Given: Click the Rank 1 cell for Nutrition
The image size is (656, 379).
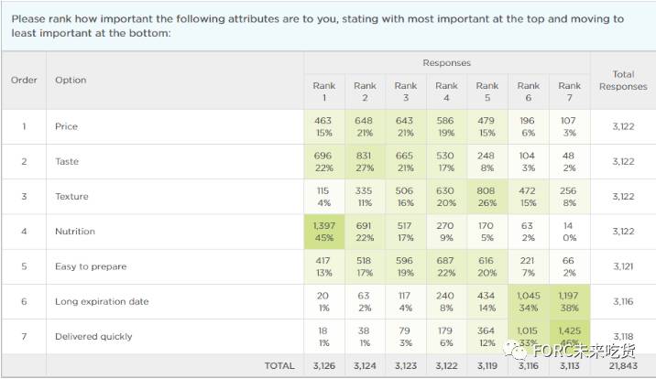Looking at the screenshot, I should coord(324,232).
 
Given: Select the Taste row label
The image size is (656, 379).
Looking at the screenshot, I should coord(67,162).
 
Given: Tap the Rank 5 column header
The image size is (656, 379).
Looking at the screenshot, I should coord(487,92).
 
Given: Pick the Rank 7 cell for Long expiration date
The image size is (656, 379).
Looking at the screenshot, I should coord(569,301).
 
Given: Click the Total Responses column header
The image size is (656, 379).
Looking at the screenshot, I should coord(622,81).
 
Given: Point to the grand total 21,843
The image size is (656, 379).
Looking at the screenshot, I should coord(622,366).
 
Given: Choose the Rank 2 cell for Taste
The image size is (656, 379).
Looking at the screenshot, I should coord(365,162).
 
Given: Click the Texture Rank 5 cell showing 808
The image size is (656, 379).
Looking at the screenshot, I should coord(487,197).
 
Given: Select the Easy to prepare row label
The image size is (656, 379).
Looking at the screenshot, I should coord(91,266).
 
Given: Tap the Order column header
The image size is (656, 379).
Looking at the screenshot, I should coord(24,81).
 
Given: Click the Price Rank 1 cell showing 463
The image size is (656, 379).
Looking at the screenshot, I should coord(324,127).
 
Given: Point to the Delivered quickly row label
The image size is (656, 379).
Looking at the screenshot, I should coord(93,337).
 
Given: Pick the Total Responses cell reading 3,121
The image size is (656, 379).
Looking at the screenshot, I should coord(622,266).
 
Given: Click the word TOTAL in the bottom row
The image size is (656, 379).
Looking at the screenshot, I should coord(279,366).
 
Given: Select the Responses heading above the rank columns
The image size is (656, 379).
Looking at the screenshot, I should coord(446,63).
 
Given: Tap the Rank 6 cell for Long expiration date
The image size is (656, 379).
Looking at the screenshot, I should coord(529,301).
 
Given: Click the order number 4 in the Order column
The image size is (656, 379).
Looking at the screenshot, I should coord(24,232).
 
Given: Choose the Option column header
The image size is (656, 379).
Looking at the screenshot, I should coord(71,81).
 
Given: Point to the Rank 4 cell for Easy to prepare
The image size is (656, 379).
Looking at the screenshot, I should coord(446,266).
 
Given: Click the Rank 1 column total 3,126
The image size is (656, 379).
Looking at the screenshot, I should coord(324,366).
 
